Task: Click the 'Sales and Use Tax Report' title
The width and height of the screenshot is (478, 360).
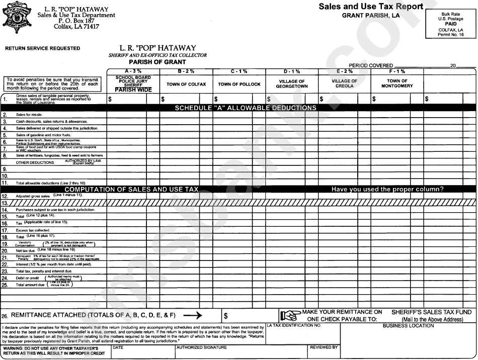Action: click(x=370, y=7)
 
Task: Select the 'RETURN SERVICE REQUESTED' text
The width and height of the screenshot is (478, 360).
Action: click(x=42, y=49)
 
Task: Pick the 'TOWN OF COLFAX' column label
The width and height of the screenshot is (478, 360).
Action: click(x=186, y=84)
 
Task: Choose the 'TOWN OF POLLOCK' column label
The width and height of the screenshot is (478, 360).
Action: click(x=239, y=84)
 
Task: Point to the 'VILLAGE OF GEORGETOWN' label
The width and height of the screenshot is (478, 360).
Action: click(x=292, y=84)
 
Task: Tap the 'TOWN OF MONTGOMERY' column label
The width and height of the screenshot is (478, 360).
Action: click(x=397, y=84)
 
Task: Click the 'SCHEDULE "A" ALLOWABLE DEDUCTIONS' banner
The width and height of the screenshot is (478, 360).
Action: click(x=246, y=108)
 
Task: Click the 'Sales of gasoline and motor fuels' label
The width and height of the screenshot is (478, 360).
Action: click(x=43, y=135)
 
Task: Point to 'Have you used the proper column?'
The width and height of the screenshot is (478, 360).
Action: click(x=387, y=190)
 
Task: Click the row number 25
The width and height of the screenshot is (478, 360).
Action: click(x=5, y=285)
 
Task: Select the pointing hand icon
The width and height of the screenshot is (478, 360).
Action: click(x=290, y=316)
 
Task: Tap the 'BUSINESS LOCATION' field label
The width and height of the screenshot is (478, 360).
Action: click(x=408, y=326)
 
